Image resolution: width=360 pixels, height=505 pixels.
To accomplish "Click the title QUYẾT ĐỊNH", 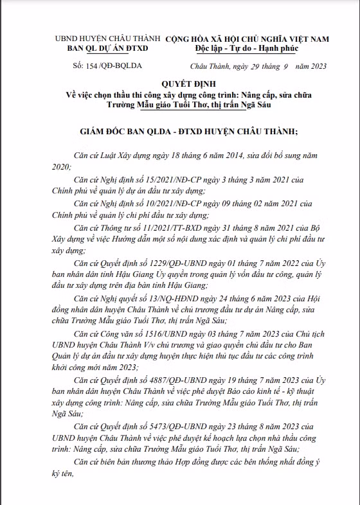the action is [x=179, y=83].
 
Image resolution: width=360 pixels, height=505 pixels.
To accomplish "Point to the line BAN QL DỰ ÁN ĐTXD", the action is [x=108, y=49].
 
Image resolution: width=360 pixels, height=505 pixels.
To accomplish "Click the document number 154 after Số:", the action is [x=93, y=66].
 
